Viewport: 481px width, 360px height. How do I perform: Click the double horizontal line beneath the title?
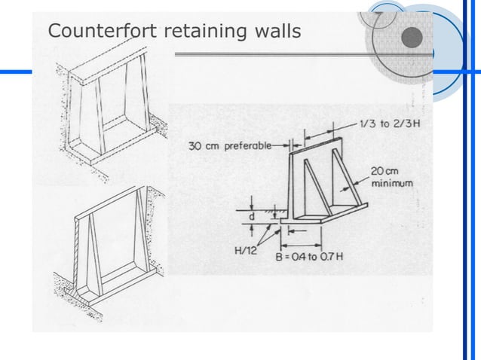coord(302,54)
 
